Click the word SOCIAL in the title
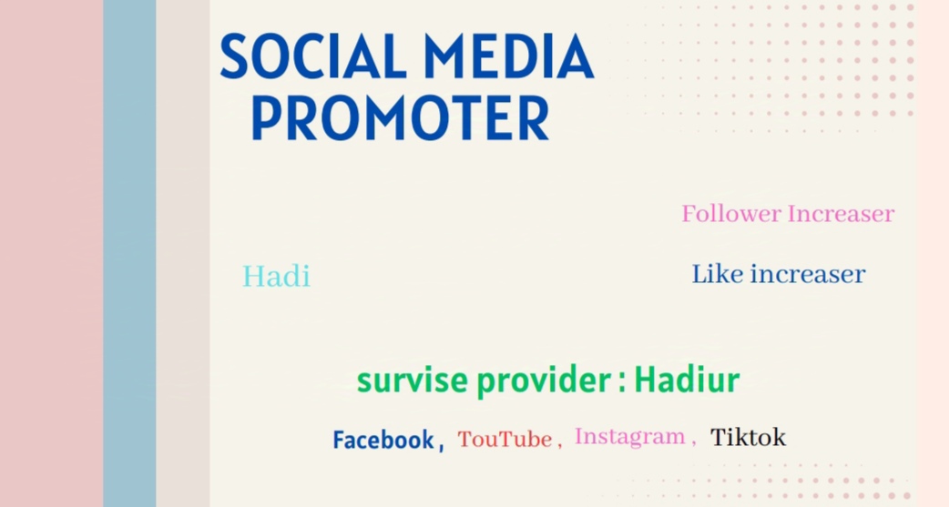point(313,56)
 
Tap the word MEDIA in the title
point(508,56)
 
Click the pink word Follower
point(731,214)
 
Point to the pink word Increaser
point(841,214)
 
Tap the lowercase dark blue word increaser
point(807,275)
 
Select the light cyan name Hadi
point(277,277)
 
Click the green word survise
point(413,380)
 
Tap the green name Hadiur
point(687,380)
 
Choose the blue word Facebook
point(383,440)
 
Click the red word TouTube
point(505,440)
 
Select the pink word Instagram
point(629,437)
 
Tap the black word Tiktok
point(748,437)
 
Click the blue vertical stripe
point(129,253)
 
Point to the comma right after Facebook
point(441,448)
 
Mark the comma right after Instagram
point(693,443)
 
